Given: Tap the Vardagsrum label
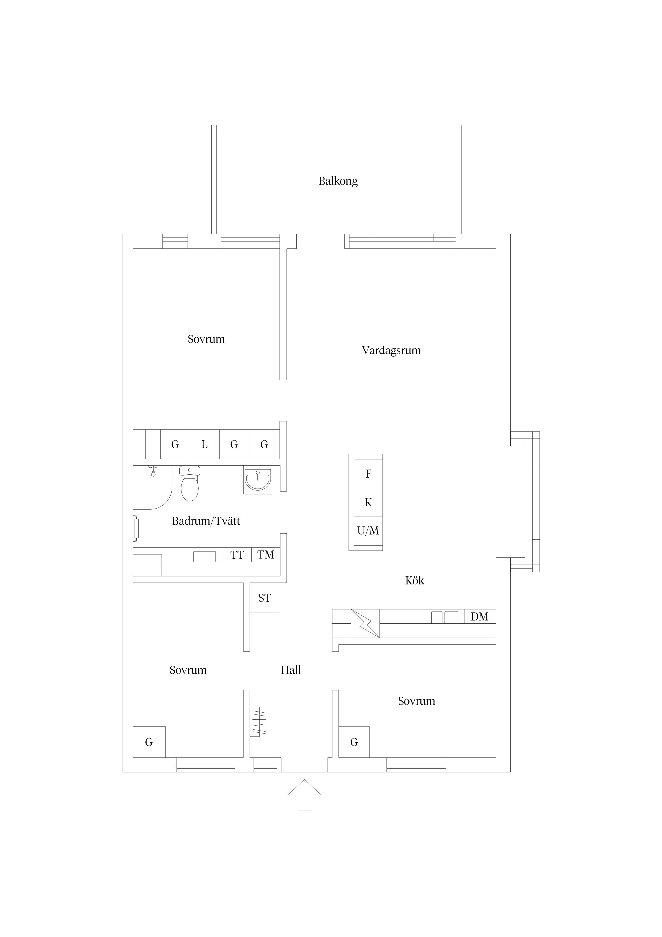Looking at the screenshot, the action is (x=391, y=350).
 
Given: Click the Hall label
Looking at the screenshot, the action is (x=291, y=670).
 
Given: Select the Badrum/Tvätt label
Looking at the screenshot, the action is (x=206, y=521).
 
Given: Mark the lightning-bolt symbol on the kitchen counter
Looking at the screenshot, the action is (x=365, y=623).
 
